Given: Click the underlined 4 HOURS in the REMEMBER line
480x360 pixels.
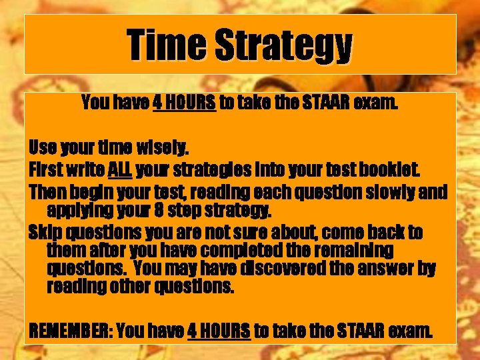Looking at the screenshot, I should [x=219, y=329].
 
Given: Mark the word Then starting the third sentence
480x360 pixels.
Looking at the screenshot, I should [x=46, y=193].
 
